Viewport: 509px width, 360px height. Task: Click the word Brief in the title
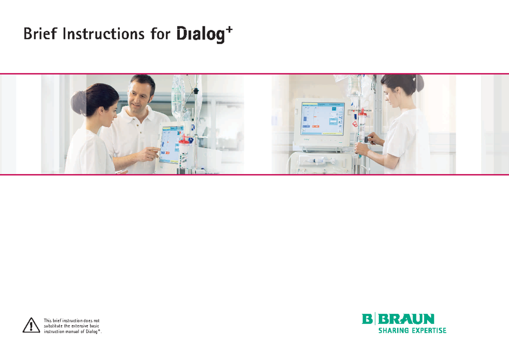[40, 33]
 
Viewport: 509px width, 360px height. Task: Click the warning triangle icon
[31, 325]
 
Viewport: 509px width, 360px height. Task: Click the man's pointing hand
[152, 151]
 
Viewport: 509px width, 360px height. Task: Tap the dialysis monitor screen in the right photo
[322, 118]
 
